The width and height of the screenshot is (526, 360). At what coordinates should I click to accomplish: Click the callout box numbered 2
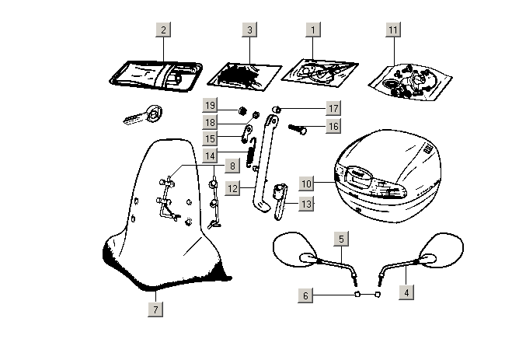pos(162,30)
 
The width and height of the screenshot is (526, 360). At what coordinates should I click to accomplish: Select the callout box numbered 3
pos(249,30)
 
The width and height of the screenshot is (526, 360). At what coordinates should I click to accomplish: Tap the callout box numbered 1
pos(313,30)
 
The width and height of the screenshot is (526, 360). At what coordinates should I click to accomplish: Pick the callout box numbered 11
pos(394,30)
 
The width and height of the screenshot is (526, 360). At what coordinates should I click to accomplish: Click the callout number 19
pos(210,106)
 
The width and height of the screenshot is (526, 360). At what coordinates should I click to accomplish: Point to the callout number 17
pos(333,109)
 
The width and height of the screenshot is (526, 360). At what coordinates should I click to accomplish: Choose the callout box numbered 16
pos(333,126)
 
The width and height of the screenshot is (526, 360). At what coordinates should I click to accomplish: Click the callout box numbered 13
pos(307,204)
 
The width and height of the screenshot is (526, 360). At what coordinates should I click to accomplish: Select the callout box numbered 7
pos(155,309)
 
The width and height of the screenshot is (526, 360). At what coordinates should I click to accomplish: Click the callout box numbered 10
pos(307,184)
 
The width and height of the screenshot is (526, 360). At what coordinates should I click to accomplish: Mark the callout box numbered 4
pos(406,293)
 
